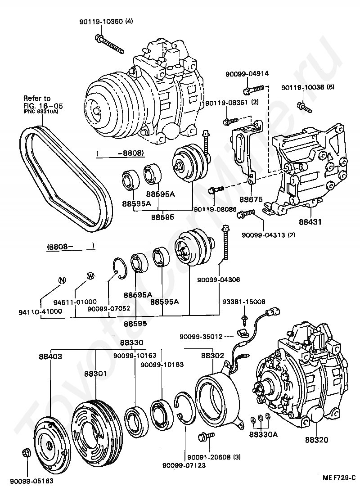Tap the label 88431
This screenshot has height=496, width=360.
pos(310,222)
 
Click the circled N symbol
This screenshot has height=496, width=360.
pos(62,280)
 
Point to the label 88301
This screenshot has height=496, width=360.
pos(96,373)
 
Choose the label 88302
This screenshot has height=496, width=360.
pos(212,356)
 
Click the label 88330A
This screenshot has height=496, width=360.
pos(263,435)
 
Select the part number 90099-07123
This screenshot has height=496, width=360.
pos(184,465)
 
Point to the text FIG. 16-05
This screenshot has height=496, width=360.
pos(44,106)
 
